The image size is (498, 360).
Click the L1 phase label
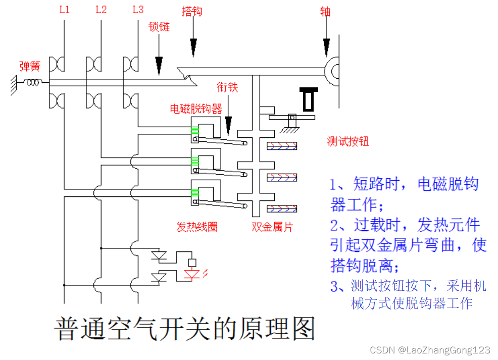click(64, 10)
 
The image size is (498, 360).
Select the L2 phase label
click(101, 10)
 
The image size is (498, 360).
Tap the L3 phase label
click(138, 10)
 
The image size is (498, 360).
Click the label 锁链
click(159, 26)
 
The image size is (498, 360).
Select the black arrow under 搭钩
click(193, 46)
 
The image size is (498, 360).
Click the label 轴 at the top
click(325, 11)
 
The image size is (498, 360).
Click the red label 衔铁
click(227, 87)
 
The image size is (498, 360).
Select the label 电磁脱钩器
click(196, 108)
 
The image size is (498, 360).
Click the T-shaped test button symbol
click(308, 98)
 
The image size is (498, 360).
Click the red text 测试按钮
click(348, 141)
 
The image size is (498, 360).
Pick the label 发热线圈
click(197, 227)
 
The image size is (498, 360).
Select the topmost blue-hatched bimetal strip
click(281, 146)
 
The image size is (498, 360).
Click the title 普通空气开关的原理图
click(184, 329)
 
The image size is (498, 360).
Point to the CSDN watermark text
click(430, 350)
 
